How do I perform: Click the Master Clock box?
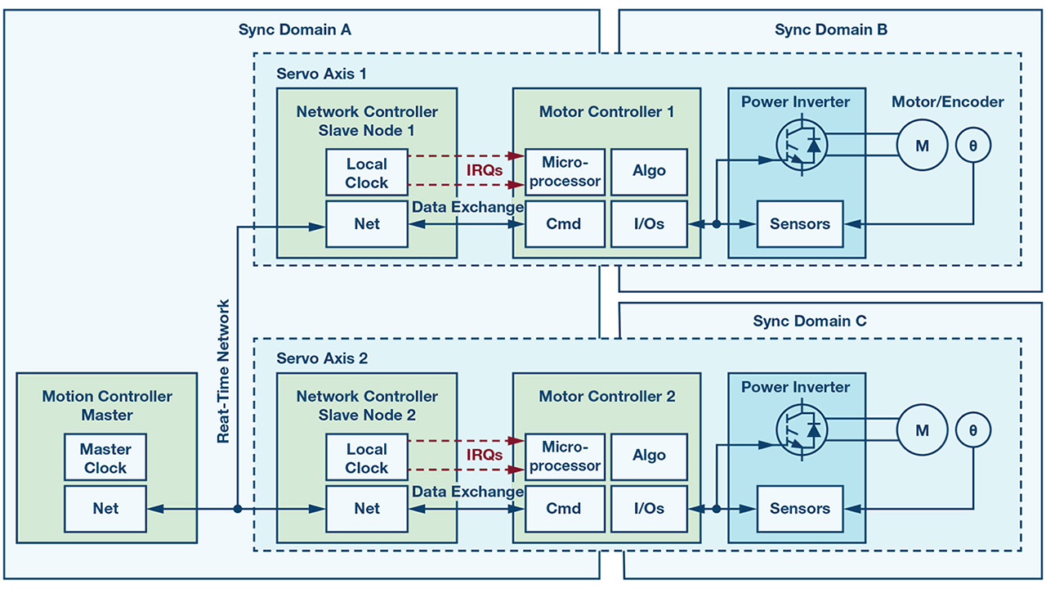pos(105,458)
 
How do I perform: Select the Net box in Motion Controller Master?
pos(105,508)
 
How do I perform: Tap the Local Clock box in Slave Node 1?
pos(366,173)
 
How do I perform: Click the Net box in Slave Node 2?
pos(366,508)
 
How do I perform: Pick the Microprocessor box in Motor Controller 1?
pos(564,171)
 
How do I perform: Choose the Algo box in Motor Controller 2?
pos(649,456)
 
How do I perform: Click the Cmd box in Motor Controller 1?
pos(564,223)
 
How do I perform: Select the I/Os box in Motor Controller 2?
pos(649,508)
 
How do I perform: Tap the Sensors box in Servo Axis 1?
pos(799,223)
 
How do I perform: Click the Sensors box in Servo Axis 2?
pos(799,508)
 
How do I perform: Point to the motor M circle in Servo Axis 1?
pos(922,146)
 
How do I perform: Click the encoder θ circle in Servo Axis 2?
pos(973,429)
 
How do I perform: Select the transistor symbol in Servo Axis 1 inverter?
pos(800,146)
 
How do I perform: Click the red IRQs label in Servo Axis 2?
pos(484,455)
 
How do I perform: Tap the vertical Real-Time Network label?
pos(223,372)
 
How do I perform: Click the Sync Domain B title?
pos(830,30)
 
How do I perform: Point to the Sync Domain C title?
pos(809,321)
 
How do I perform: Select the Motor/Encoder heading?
pos(947,102)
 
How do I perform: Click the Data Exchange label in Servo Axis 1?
pos(467,207)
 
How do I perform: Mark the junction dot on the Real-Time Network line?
pos(237,508)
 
